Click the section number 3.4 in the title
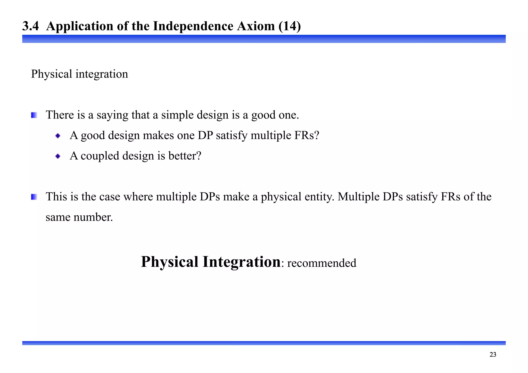(30, 26)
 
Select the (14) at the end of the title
(290, 26)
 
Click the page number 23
(493, 355)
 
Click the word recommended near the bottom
(321, 263)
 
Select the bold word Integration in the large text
(241, 262)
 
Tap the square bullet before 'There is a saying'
(34, 115)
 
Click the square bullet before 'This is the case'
(34, 197)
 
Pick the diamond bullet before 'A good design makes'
(58, 136)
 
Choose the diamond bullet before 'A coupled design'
(58, 156)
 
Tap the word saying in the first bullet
(112, 115)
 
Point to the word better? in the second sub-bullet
(185, 156)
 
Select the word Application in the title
(80, 26)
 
